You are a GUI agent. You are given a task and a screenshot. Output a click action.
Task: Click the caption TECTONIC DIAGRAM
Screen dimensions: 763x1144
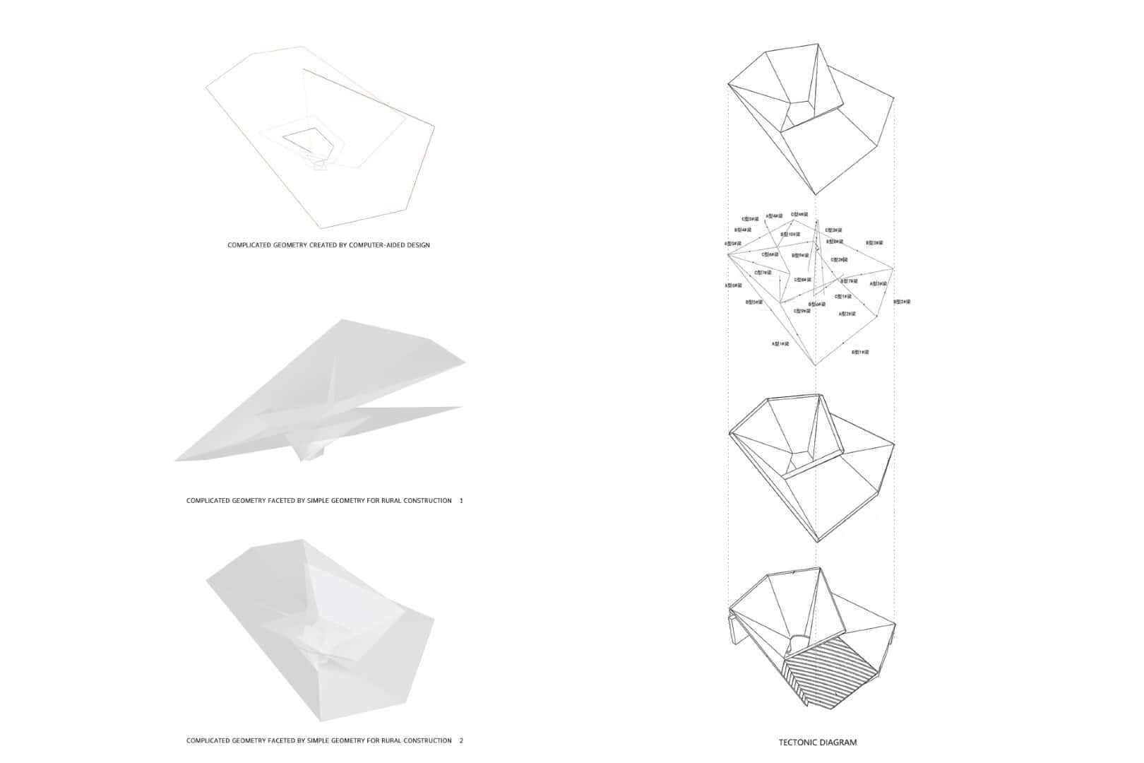[x=818, y=743]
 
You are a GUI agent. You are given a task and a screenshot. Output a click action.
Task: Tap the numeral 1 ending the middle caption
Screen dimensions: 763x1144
[x=461, y=500]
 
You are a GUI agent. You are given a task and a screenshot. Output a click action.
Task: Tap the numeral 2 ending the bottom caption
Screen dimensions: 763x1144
[x=461, y=740]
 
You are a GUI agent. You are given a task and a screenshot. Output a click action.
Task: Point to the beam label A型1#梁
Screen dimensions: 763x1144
[x=780, y=343]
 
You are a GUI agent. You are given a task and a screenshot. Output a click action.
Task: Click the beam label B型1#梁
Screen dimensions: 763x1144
[x=860, y=352]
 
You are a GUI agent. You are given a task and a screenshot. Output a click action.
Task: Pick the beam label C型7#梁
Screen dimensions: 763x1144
[x=763, y=273]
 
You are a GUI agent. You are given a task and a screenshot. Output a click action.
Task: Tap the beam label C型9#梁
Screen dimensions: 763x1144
[x=802, y=311]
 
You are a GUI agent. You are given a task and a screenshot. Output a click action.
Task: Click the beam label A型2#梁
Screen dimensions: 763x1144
[x=847, y=314]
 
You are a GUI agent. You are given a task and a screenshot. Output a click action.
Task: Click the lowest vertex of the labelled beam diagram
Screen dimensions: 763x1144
[x=816, y=365]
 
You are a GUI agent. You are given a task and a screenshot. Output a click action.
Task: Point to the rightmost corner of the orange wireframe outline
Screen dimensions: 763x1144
[x=434, y=126]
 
